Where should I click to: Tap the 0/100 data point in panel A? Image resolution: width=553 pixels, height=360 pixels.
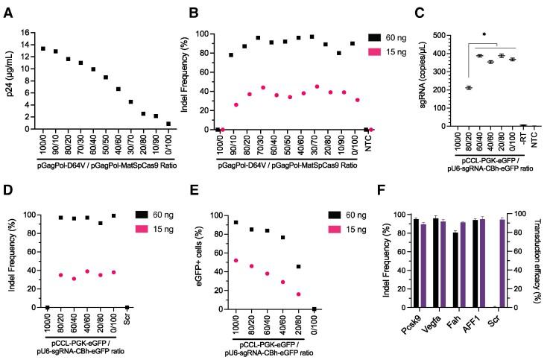pos(169,124)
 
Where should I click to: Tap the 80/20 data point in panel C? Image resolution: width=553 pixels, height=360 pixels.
pos(469,88)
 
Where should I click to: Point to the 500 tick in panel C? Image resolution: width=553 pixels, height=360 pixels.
pos(440,35)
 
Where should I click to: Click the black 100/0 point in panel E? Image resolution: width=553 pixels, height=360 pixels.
pos(236,222)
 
